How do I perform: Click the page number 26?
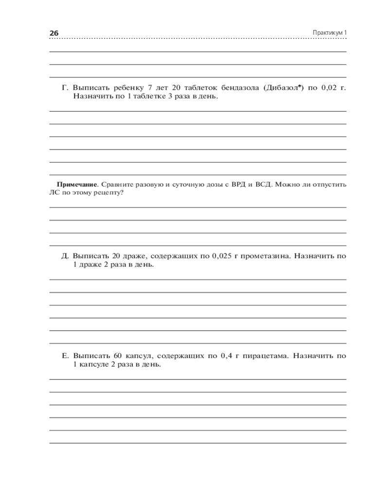point(53,33)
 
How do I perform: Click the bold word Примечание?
point(77,185)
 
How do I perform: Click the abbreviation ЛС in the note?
point(53,193)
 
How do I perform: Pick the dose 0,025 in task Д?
point(221,256)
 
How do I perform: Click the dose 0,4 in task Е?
point(225,356)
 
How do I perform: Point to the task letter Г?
point(65,88)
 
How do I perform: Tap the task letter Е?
point(65,356)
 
